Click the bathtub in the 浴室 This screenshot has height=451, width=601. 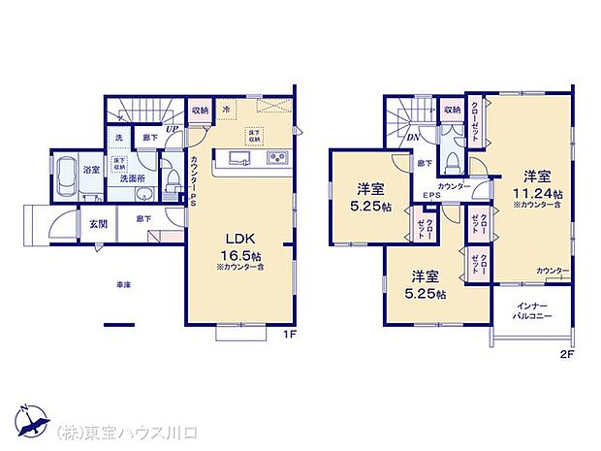(x=63, y=177)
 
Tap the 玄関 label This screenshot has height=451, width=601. (x=86, y=225)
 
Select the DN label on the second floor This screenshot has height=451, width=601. (x=412, y=138)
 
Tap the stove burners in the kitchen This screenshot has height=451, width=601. (x=274, y=159)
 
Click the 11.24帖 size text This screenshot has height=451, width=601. (x=538, y=193)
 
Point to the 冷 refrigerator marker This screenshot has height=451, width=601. (x=225, y=109)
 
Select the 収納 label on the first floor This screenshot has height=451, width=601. (x=199, y=110)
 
